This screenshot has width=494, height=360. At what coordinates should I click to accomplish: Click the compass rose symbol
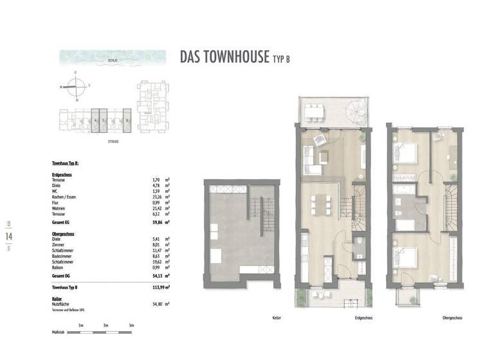76,85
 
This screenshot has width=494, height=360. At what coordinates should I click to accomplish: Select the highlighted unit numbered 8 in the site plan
127,120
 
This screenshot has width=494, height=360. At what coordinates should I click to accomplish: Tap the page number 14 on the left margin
9,237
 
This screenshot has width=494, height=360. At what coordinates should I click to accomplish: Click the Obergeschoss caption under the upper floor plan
453,318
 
